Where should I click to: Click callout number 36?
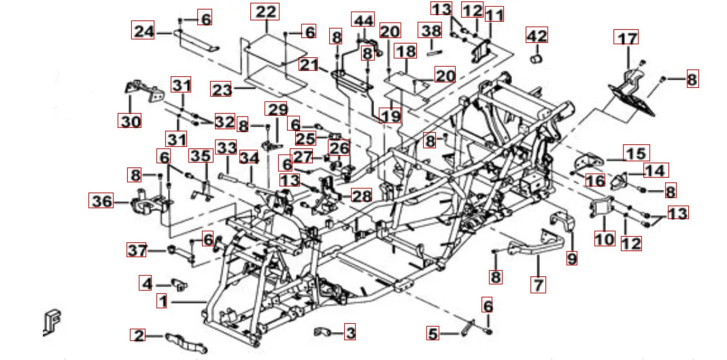click(x=102, y=201)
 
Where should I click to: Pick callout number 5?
click(x=433, y=333)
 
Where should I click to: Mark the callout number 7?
click(x=539, y=284)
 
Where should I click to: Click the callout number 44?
click(x=362, y=20)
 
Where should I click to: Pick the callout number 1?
click(x=161, y=300)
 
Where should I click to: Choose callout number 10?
click(x=605, y=238)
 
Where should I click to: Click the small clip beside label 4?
click(x=177, y=282)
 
